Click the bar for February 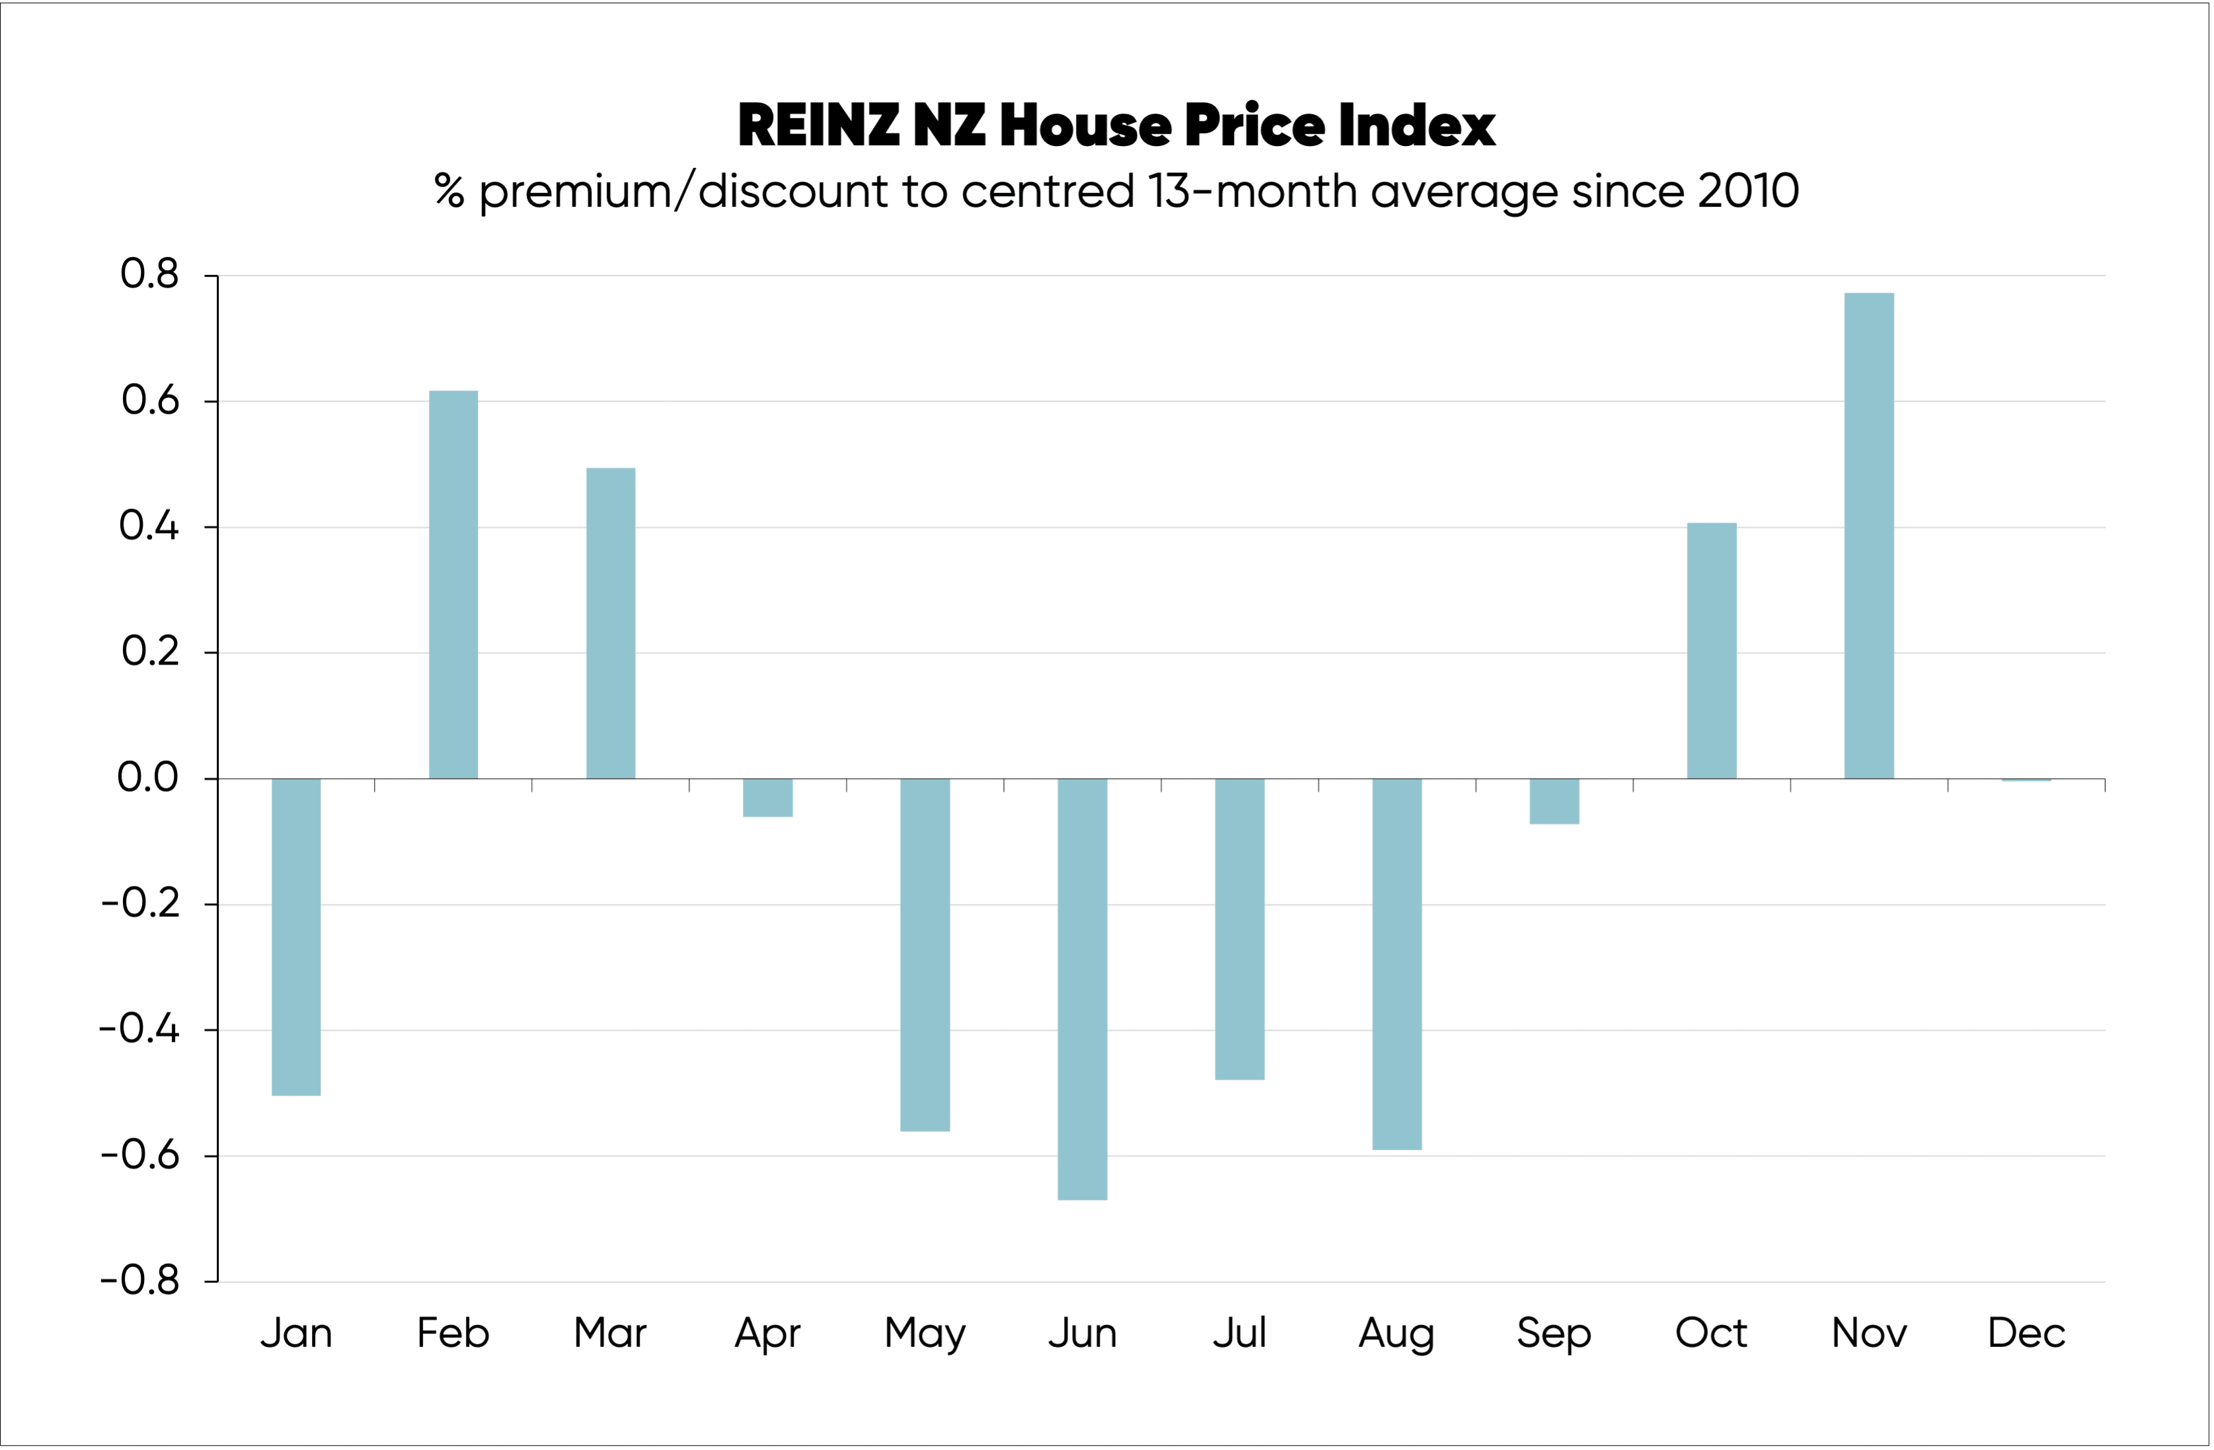point(453,584)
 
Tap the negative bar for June point(1082,989)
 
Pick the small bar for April point(767,798)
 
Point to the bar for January point(296,937)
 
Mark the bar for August point(1396,964)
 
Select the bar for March point(610,623)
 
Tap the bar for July point(1239,928)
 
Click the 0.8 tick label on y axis point(149,273)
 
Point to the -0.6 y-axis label point(139,1155)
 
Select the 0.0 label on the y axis point(147,777)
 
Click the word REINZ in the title point(819,126)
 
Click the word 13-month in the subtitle point(1252,192)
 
